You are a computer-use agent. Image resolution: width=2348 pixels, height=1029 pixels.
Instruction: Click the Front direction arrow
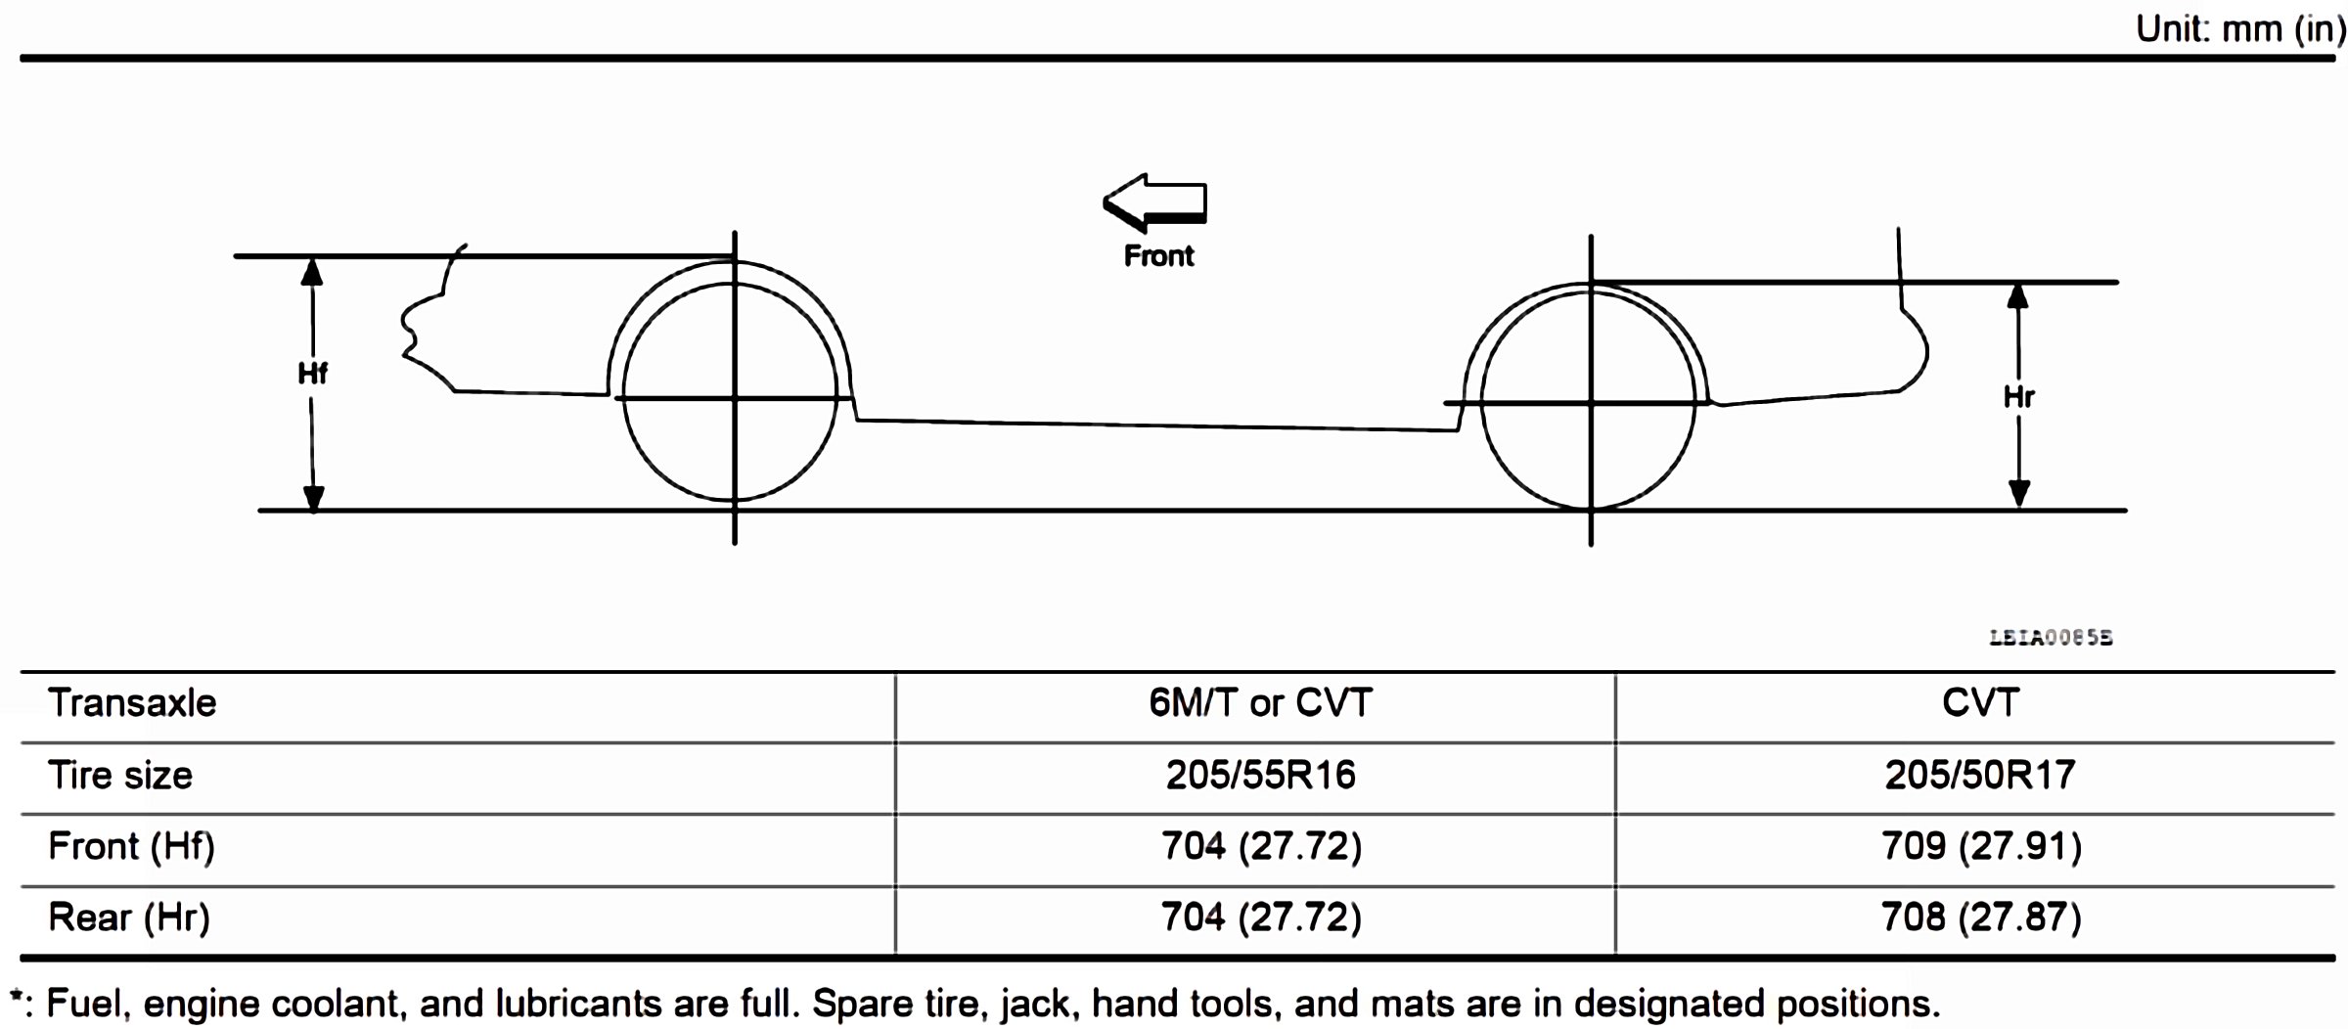pyautogui.click(x=1154, y=202)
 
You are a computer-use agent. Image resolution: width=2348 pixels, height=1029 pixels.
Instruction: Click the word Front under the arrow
pyautogui.click(x=1158, y=256)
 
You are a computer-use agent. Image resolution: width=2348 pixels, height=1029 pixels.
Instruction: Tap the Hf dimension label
pyautogui.click(x=312, y=373)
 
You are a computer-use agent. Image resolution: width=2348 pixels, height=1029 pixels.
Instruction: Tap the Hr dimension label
pyautogui.click(x=2018, y=396)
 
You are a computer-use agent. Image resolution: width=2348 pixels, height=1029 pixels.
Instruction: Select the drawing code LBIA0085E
pyautogui.click(x=2051, y=638)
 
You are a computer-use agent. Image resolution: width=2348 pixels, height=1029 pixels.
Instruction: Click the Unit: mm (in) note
pyautogui.click(x=2239, y=28)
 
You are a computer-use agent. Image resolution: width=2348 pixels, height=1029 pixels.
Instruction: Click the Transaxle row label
pyautogui.click(x=132, y=703)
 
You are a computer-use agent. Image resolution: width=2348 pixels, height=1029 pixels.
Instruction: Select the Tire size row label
pyautogui.click(x=120, y=776)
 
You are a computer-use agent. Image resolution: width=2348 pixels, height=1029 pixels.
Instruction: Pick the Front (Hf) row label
pyautogui.click(x=131, y=846)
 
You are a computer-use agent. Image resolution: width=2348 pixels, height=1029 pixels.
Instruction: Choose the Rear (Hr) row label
pyautogui.click(x=129, y=917)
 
